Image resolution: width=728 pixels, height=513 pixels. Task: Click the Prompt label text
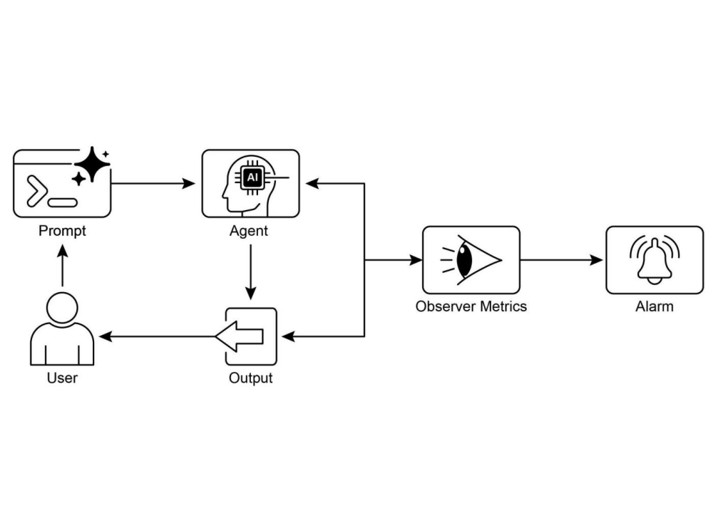click(x=62, y=231)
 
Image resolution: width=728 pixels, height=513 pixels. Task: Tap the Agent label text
click(x=249, y=231)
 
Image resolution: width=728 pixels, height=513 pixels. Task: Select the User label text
click(x=62, y=378)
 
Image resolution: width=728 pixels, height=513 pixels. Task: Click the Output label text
click(x=250, y=378)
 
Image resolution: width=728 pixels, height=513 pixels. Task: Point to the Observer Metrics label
click(x=471, y=306)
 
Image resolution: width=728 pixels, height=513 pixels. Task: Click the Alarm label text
click(x=654, y=306)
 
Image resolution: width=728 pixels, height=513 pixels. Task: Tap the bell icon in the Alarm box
click(x=654, y=260)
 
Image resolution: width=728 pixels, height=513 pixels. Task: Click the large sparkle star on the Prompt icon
click(x=92, y=164)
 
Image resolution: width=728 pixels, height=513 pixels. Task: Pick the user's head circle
click(x=62, y=308)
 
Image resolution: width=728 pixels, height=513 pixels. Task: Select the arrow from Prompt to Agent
click(x=153, y=184)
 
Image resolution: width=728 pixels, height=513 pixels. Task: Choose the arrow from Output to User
click(x=157, y=336)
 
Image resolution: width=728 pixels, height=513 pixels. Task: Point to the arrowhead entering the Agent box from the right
click(x=312, y=184)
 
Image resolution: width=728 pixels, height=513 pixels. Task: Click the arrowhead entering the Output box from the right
click(x=287, y=336)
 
